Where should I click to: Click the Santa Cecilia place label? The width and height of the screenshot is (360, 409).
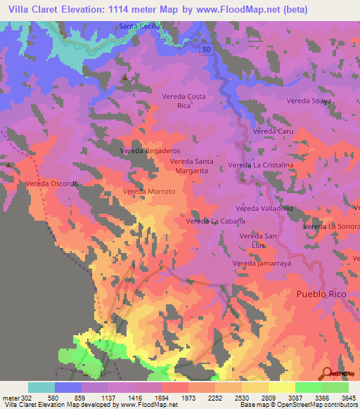[x=140, y=26]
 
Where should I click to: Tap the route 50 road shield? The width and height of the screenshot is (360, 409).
[x=206, y=51]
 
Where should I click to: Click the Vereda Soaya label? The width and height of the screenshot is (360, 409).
[x=308, y=101]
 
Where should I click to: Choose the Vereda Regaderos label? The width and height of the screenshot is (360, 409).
[x=150, y=151]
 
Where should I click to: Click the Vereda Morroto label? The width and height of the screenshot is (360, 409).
[x=148, y=191]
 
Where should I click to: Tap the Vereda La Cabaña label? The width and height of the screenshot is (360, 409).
[x=214, y=221]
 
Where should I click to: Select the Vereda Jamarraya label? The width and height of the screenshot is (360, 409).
[x=262, y=264]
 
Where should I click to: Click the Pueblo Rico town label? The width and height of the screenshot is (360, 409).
[x=323, y=293]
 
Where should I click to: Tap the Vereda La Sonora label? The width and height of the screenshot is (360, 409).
[x=330, y=227]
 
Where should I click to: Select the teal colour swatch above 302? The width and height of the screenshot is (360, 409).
[x=41, y=387]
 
